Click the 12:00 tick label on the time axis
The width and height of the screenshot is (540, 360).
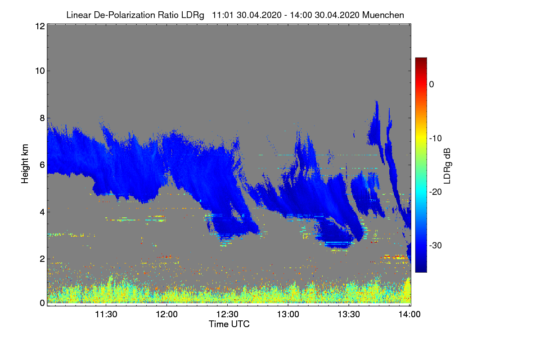pos(166,314)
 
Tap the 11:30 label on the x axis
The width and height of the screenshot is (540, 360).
pos(106,314)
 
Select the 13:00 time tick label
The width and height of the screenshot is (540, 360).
pos(288,314)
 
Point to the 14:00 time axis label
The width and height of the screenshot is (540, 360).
pos(409,314)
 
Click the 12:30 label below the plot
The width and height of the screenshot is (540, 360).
pos(227,314)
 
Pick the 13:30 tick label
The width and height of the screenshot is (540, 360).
pos(349,314)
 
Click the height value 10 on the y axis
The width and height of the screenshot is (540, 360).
pos(40,71)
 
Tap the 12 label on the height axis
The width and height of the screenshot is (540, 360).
pos(40,26)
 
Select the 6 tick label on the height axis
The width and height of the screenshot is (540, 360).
pos(42,165)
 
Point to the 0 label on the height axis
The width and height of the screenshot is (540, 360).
pos(42,303)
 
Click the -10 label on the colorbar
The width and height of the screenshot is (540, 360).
pos(436,139)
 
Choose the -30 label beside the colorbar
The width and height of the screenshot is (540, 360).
pos(436,245)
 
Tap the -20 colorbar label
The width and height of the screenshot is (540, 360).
pos(436,192)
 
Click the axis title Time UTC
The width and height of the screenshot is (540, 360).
pos(229,324)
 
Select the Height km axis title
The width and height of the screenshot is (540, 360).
pos(25,164)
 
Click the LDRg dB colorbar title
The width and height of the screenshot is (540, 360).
pos(447,166)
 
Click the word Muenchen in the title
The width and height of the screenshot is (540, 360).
pos(383,15)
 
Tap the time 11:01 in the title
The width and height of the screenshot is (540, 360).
pos(223,15)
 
